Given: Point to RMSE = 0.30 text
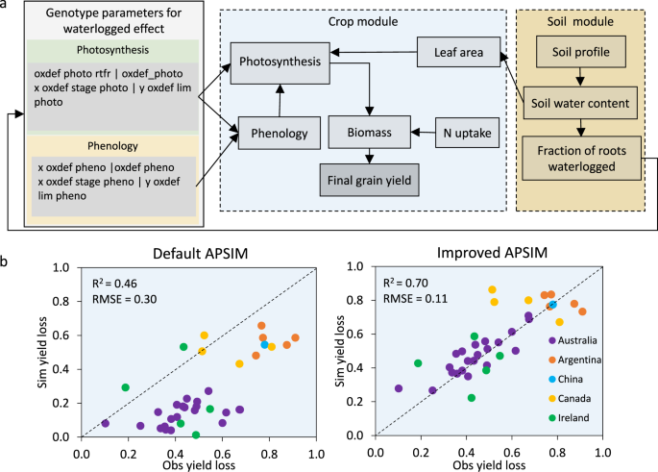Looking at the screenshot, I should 123,300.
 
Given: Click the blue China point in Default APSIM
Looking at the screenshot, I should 265,344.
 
